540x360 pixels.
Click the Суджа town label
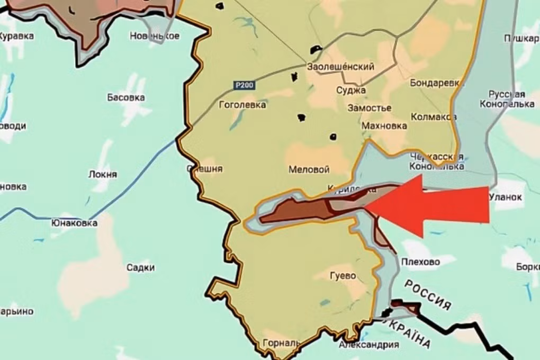click(347, 90)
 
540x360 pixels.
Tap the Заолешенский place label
click(341, 67)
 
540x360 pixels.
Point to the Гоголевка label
click(242, 105)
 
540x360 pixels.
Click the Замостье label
click(370, 108)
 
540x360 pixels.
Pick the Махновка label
click(384, 126)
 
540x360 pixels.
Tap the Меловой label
click(309, 170)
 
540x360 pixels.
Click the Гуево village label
click(343, 276)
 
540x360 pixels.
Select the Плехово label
click(421, 262)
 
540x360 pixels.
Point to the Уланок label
click(506, 197)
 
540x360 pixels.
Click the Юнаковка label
click(74, 223)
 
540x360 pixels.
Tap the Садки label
click(141, 267)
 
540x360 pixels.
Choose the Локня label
click(103, 174)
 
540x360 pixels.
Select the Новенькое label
click(155, 36)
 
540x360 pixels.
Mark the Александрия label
click(368, 345)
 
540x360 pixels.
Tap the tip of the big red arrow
click(367, 204)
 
